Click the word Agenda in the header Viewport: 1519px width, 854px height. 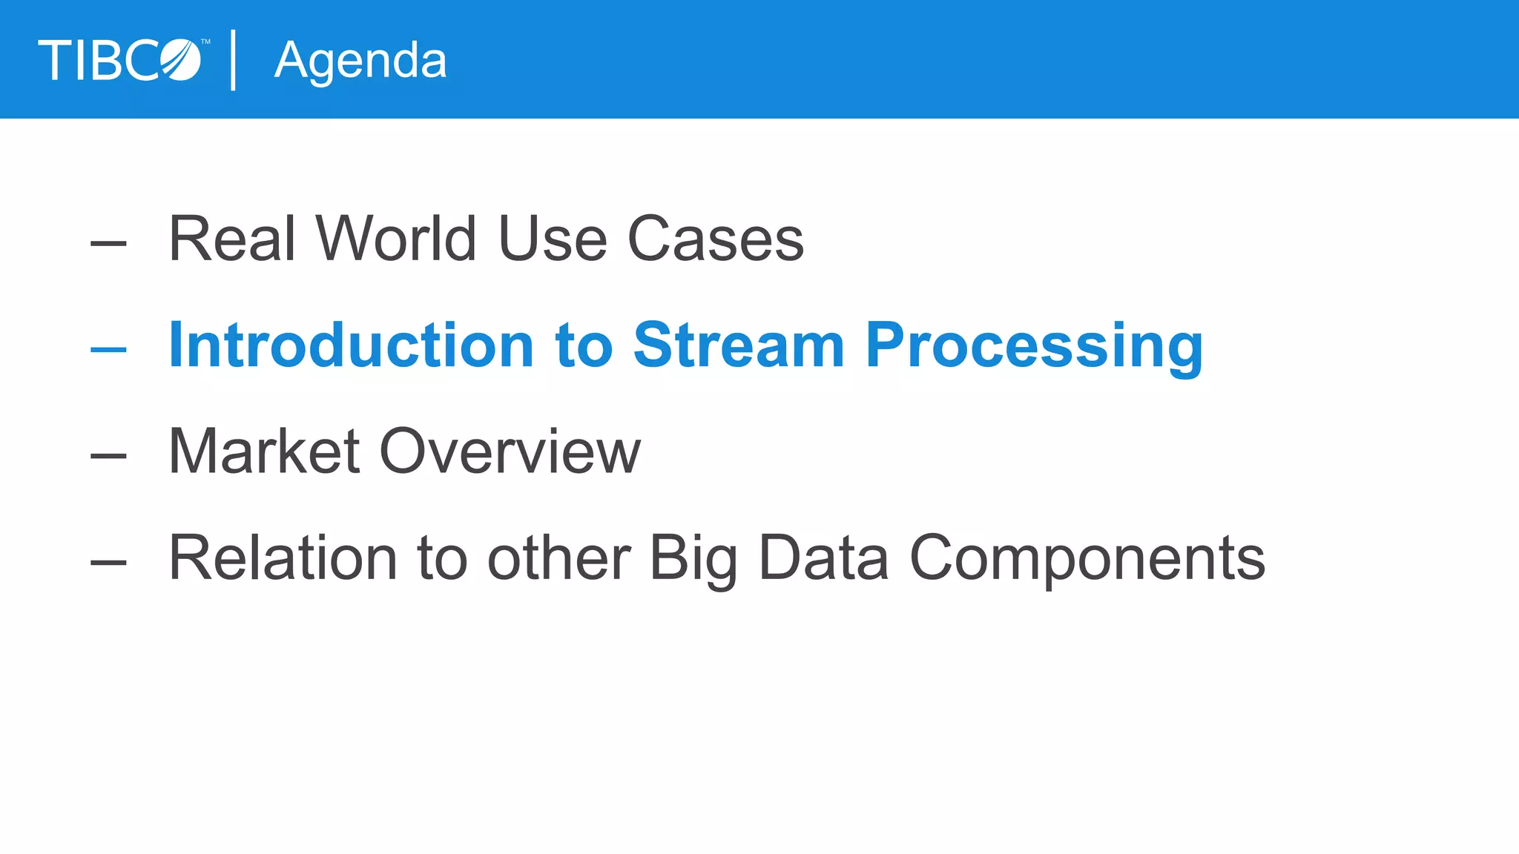tap(360, 61)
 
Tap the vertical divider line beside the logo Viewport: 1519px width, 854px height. tap(234, 60)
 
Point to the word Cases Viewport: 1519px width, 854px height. tap(716, 239)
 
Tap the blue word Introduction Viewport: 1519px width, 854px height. tap(351, 345)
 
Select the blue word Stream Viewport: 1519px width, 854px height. tap(739, 345)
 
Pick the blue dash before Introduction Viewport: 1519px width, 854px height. tap(108, 349)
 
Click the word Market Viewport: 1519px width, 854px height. tap(264, 451)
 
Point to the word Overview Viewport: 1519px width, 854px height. tap(510, 451)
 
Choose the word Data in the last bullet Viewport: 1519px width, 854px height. tap(823, 558)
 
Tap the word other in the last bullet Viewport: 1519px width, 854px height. tap(558, 558)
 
